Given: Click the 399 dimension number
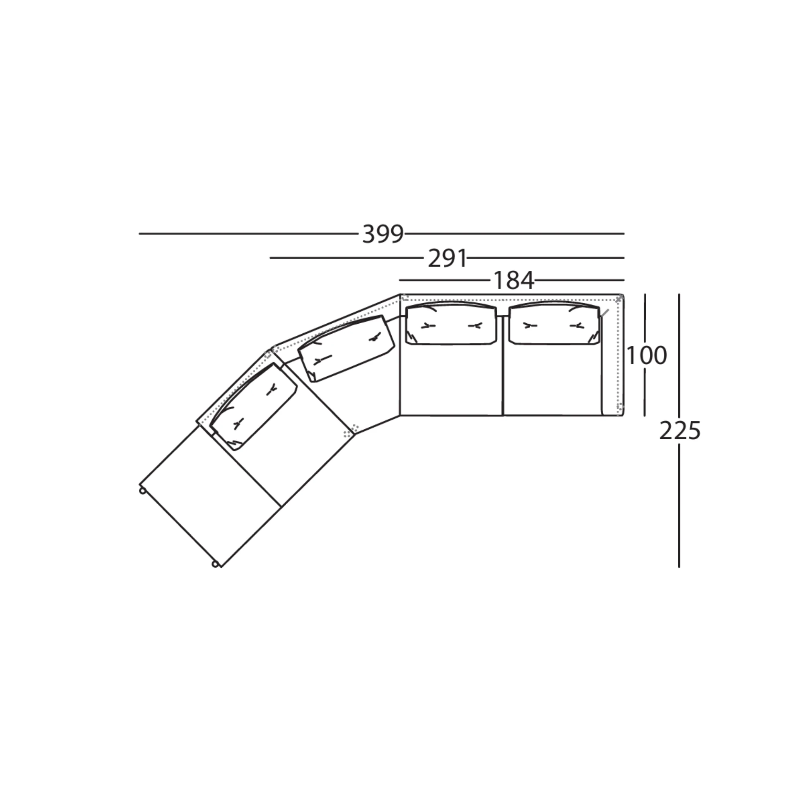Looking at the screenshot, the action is click(x=383, y=234).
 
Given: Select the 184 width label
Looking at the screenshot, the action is click(x=513, y=281).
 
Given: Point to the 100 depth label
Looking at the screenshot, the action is click(x=647, y=355).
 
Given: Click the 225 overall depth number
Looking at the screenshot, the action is click(x=680, y=431).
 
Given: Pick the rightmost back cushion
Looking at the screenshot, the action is click(x=554, y=324).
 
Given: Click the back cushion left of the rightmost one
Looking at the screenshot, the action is click(x=451, y=324).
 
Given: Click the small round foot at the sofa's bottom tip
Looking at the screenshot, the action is click(x=215, y=565).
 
